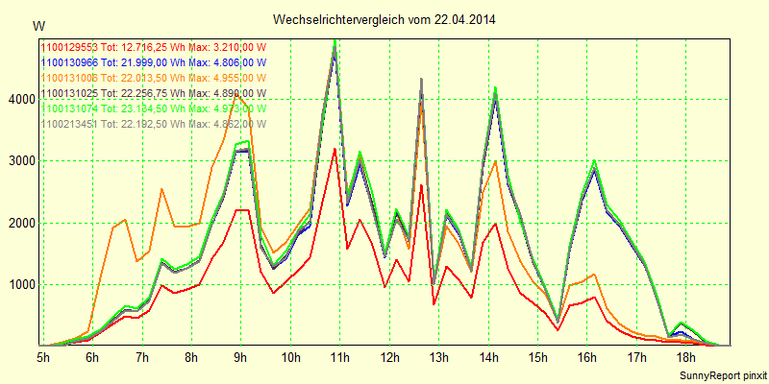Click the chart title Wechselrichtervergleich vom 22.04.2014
(384, 19)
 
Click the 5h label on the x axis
(43, 357)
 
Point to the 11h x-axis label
(339, 357)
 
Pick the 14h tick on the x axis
(488, 357)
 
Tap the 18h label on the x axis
(686, 357)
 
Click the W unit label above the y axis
(37, 25)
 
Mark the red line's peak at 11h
(334, 149)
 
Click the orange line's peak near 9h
(236, 94)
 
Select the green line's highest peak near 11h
(335, 40)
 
